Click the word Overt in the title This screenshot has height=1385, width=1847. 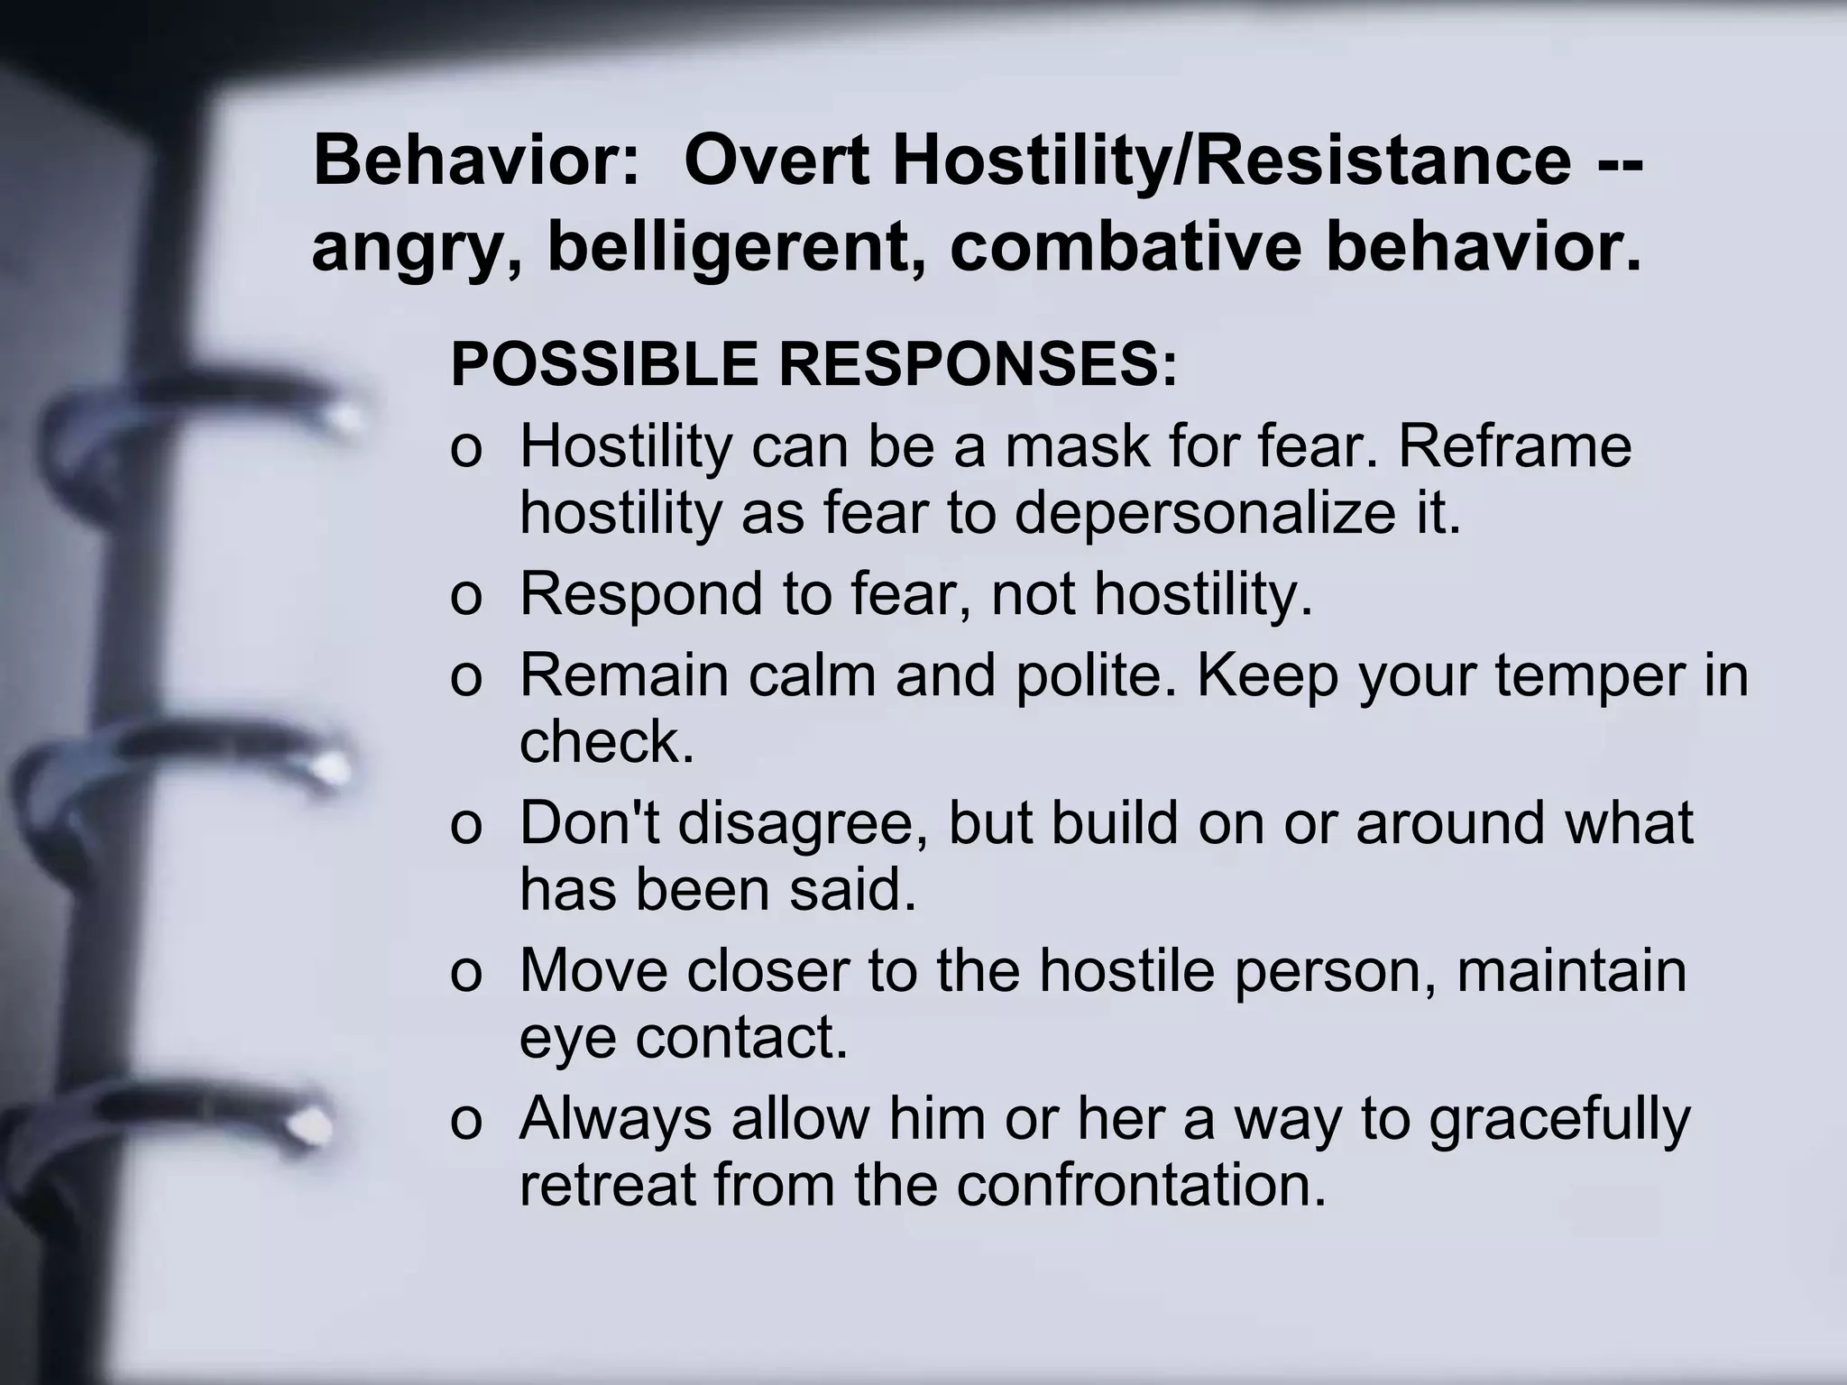[x=776, y=161]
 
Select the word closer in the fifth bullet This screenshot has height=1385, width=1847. [x=767, y=970]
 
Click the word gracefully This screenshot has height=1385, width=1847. [x=1558, y=1118]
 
